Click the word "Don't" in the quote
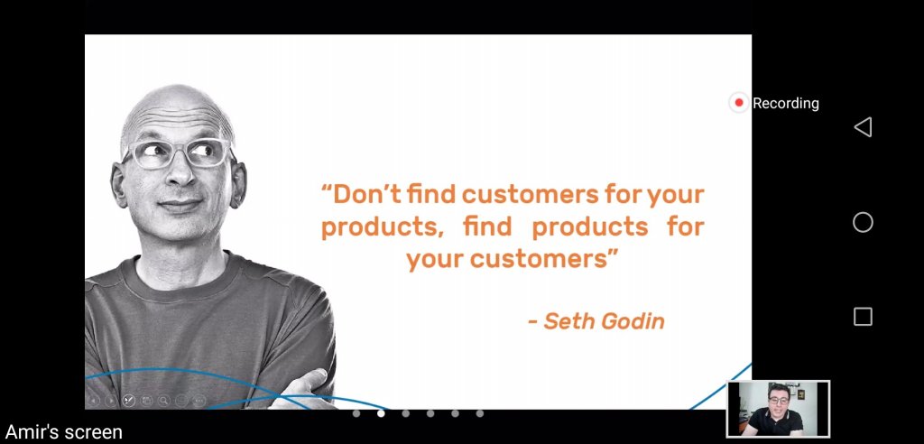pos(367,194)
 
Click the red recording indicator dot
pos(739,103)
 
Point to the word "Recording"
pos(786,103)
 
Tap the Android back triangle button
pos(863,126)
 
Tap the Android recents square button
pos(863,317)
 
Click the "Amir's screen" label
pos(64,432)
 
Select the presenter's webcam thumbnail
pos(779,409)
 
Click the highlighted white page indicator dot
pos(381,413)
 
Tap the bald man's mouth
pos(180,205)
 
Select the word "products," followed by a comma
pos(383,227)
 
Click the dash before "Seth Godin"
pos(532,323)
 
